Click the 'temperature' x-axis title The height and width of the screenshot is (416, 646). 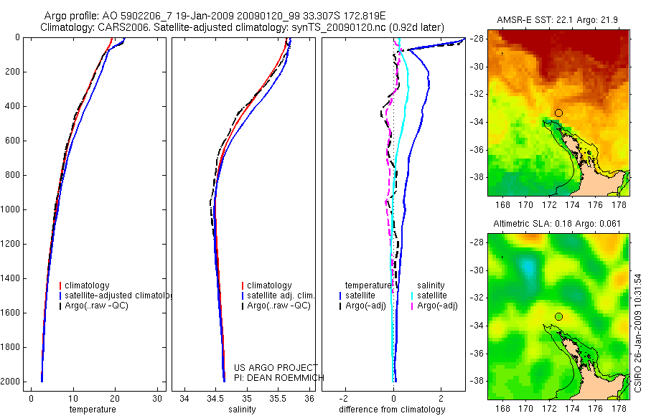pos(92,410)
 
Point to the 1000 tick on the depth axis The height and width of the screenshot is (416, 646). pos(10,209)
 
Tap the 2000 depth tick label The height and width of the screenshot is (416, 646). pos(10,382)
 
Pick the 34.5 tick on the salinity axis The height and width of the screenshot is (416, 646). pos(215,399)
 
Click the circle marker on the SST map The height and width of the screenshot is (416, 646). pos(558,113)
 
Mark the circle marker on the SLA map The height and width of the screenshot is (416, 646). pos(558,316)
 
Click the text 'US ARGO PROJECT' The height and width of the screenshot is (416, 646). pos(275,367)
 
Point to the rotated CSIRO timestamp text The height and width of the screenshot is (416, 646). pos(638,332)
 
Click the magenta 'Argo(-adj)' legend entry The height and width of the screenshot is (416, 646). pos(439,306)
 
